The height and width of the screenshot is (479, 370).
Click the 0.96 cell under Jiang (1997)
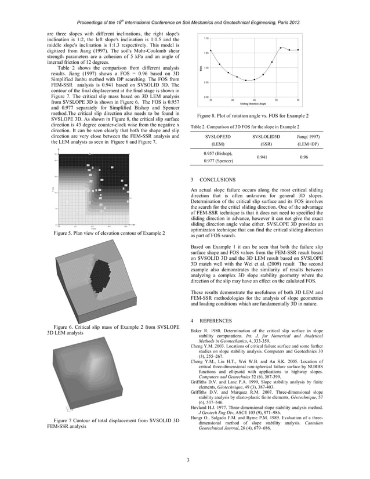[303, 157]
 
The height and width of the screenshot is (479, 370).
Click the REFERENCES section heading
[218, 321]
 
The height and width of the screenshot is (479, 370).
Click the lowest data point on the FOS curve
[246, 81]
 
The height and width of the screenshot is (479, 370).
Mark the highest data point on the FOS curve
[281, 48]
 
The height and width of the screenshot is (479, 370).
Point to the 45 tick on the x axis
[255, 100]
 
